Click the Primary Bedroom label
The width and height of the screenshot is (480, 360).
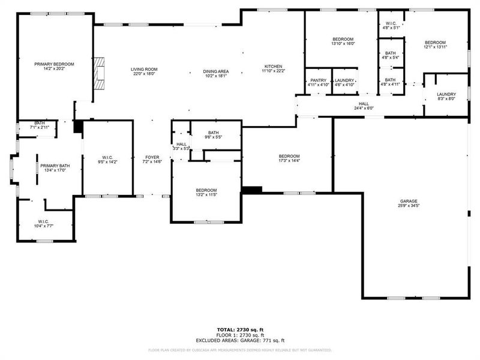[x=54, y=64]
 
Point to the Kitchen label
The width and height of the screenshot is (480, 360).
[x=273, y=67]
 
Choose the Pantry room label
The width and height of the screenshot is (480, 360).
[x=317, y=80]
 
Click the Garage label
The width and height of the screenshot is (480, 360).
[x=409, y=201]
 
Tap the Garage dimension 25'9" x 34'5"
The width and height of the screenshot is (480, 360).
[x=409, y=206]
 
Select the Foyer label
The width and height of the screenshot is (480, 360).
[x=151, y=157]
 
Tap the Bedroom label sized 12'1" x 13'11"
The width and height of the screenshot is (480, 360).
[x=435, y=42]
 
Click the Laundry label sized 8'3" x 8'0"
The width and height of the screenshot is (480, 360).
[x=446, y=94]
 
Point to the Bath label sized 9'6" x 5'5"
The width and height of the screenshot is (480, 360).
[x=213, y=133]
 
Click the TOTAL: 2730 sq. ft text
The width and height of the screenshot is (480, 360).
[x=240, y=329]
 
